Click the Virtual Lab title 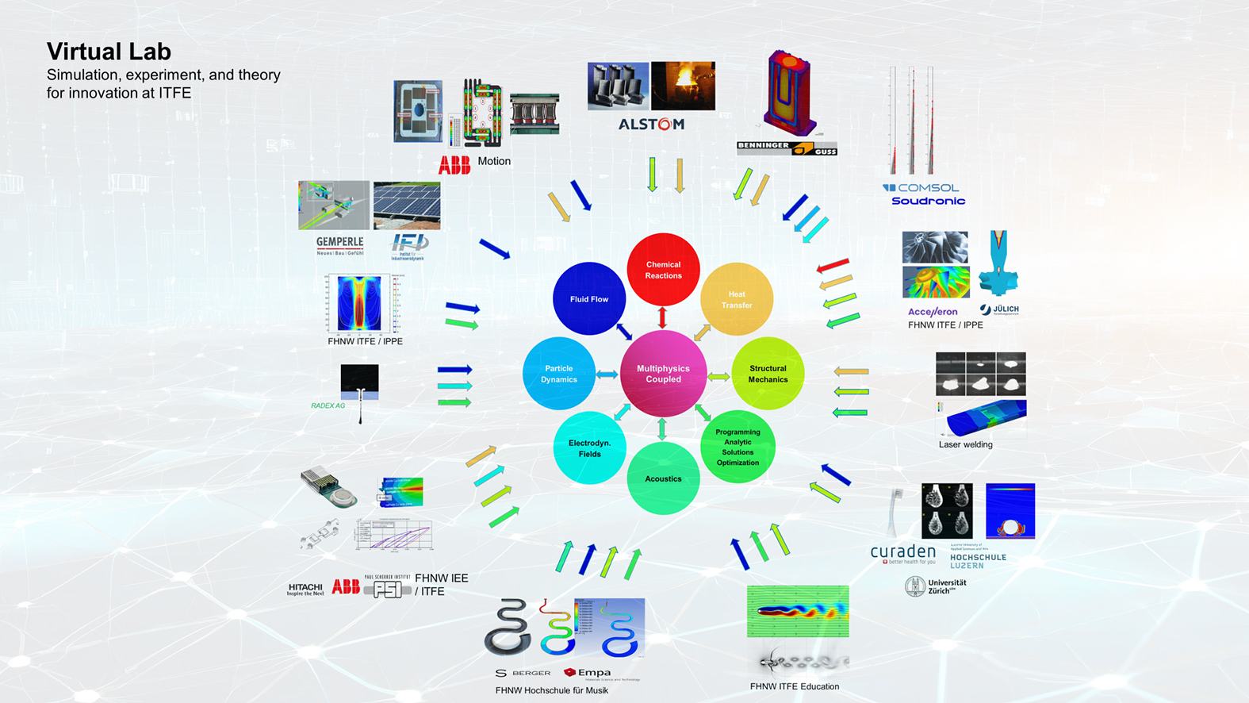tap(109, 52)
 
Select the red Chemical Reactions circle tap(663, 270)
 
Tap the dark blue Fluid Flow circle tap(588, 299)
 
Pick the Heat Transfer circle tap(737, 299)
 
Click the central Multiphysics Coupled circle tap(663, 374)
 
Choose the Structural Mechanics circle tap(768, 374)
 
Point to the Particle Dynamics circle tap(558, 374)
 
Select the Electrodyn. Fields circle tap(589, 448)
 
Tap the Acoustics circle tap(663, 478)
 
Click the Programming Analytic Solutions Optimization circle tap(738, 448)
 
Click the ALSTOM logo tap(651, 125)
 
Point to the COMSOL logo tap(921, 188)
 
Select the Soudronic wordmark tap(928, 202)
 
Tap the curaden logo tap(902, 552)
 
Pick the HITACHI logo tap(305, 589)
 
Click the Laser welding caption tap(965, 444)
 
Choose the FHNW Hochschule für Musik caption tap(551, 690)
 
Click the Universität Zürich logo tap(936, 586)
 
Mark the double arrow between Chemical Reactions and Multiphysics tap(662, 317)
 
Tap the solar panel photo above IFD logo tap(407, 206)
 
